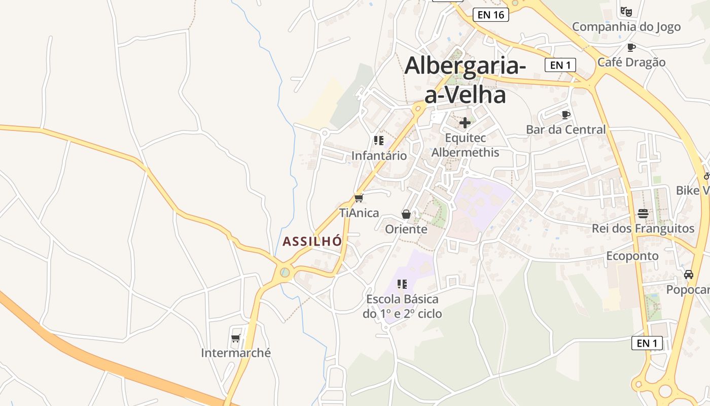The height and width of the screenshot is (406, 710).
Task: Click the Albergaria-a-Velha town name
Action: (465, 80)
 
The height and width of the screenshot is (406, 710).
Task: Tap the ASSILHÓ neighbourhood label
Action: (312, 242)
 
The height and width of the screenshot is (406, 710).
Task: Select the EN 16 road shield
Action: (490, 15)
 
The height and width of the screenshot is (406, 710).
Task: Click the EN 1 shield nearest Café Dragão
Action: (560, 65)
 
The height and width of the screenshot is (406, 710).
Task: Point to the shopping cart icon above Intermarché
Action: (235, 338)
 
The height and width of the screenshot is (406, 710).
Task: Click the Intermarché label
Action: (236, 353)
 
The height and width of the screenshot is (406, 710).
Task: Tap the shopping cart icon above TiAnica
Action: (359, 198)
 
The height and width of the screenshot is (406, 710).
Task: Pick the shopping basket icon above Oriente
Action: (406, 214)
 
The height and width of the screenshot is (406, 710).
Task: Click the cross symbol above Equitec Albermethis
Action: (465, 123)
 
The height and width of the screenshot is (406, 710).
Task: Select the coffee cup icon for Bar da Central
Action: (566, 115)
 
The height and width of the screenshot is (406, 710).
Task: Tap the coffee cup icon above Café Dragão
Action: (631, 47)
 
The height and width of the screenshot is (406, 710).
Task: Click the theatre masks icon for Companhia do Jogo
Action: (626, 11)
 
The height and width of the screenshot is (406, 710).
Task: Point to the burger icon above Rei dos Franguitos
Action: (643, 213)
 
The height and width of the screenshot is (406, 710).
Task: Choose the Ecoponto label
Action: (632, 256)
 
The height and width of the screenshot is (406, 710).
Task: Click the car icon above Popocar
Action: (688, 275)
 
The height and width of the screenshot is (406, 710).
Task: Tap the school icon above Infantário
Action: (379, 141)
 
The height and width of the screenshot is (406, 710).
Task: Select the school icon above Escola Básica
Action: (402, 284)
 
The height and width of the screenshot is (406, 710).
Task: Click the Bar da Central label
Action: (565, 129)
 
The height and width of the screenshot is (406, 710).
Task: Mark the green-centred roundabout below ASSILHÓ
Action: (285, 273)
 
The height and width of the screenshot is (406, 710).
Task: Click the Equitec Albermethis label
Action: (465, 145)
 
